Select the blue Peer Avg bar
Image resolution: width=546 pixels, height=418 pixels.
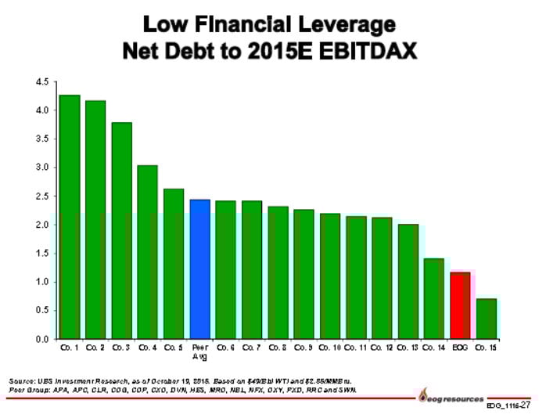pos(199,268)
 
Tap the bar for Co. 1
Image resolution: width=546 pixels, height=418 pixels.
pos(69,217)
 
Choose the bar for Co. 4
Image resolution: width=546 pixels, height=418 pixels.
pos(147,251)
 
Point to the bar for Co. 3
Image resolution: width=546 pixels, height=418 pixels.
pos(121,230)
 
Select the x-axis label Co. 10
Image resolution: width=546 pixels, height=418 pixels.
pos(330,347)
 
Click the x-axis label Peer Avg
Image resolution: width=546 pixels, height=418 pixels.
pos(199,351)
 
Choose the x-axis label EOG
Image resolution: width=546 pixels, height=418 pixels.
pos(460,347)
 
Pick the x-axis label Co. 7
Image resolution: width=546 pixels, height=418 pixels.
pos(252,347)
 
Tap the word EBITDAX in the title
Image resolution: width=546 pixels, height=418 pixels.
pos(361,52)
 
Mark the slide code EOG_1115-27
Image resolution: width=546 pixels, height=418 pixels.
pos(508,406)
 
